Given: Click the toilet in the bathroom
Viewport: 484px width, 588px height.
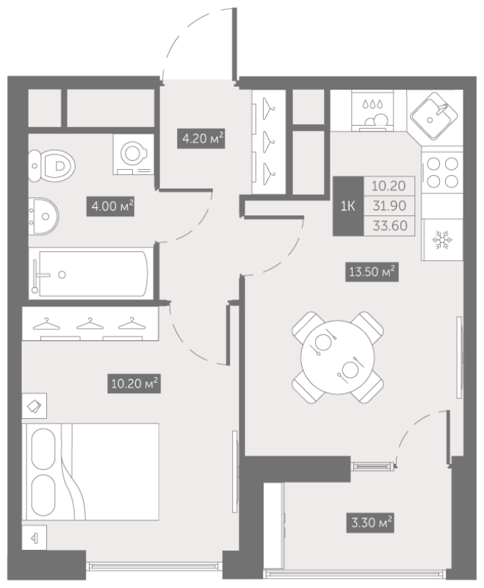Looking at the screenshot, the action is [51, 166].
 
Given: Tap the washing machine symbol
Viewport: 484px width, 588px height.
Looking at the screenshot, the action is [134, 154].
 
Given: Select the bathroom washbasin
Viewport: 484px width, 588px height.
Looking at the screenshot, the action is [43, 216].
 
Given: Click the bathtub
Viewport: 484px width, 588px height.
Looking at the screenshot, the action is [91, 273].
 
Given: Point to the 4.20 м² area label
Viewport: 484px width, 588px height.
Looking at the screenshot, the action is [201, 139].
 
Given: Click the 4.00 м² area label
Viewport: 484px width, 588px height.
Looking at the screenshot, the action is [110, 207].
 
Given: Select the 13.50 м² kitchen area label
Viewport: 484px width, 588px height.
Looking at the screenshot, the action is [372, 271].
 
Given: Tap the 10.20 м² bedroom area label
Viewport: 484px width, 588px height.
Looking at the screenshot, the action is [134, 383].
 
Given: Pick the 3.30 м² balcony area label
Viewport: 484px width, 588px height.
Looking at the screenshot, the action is [370, 523].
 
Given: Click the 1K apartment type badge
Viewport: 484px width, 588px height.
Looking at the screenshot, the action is [348, 206].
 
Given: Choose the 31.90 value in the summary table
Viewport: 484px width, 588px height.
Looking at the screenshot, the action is [389, 206].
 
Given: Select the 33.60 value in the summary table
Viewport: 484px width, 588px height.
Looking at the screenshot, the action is [389, 226].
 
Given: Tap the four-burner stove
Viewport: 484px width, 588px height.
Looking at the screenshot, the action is [442, 173].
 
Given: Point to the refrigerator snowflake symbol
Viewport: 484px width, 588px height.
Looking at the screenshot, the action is [442, 240].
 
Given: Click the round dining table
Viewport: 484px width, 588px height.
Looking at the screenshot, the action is [338, 357].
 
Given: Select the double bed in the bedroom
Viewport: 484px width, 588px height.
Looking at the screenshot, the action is [90, 472].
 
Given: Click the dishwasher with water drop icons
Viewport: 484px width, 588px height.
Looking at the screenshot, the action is [373, 111].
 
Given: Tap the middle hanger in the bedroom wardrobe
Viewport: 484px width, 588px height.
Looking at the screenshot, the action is [90, 324].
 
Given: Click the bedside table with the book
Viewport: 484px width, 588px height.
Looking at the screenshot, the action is [34, 406].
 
